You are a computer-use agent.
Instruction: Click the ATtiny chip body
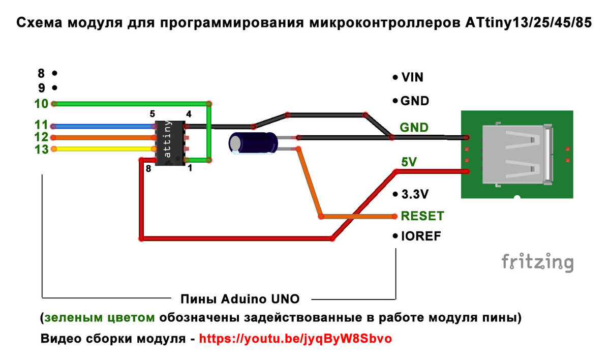170,143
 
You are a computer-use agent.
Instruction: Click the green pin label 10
41,104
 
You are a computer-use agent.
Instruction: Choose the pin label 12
41,137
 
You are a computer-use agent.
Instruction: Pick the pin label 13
41,149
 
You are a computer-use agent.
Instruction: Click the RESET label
422,216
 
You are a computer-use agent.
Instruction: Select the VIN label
412,78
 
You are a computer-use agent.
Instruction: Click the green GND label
414,127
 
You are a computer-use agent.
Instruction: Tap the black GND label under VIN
414,101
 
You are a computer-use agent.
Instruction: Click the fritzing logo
537,262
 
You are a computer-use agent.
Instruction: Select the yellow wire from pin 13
102,149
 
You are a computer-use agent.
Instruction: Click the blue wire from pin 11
102,126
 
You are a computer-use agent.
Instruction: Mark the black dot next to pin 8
54,73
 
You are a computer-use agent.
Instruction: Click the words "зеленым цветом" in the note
100,318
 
